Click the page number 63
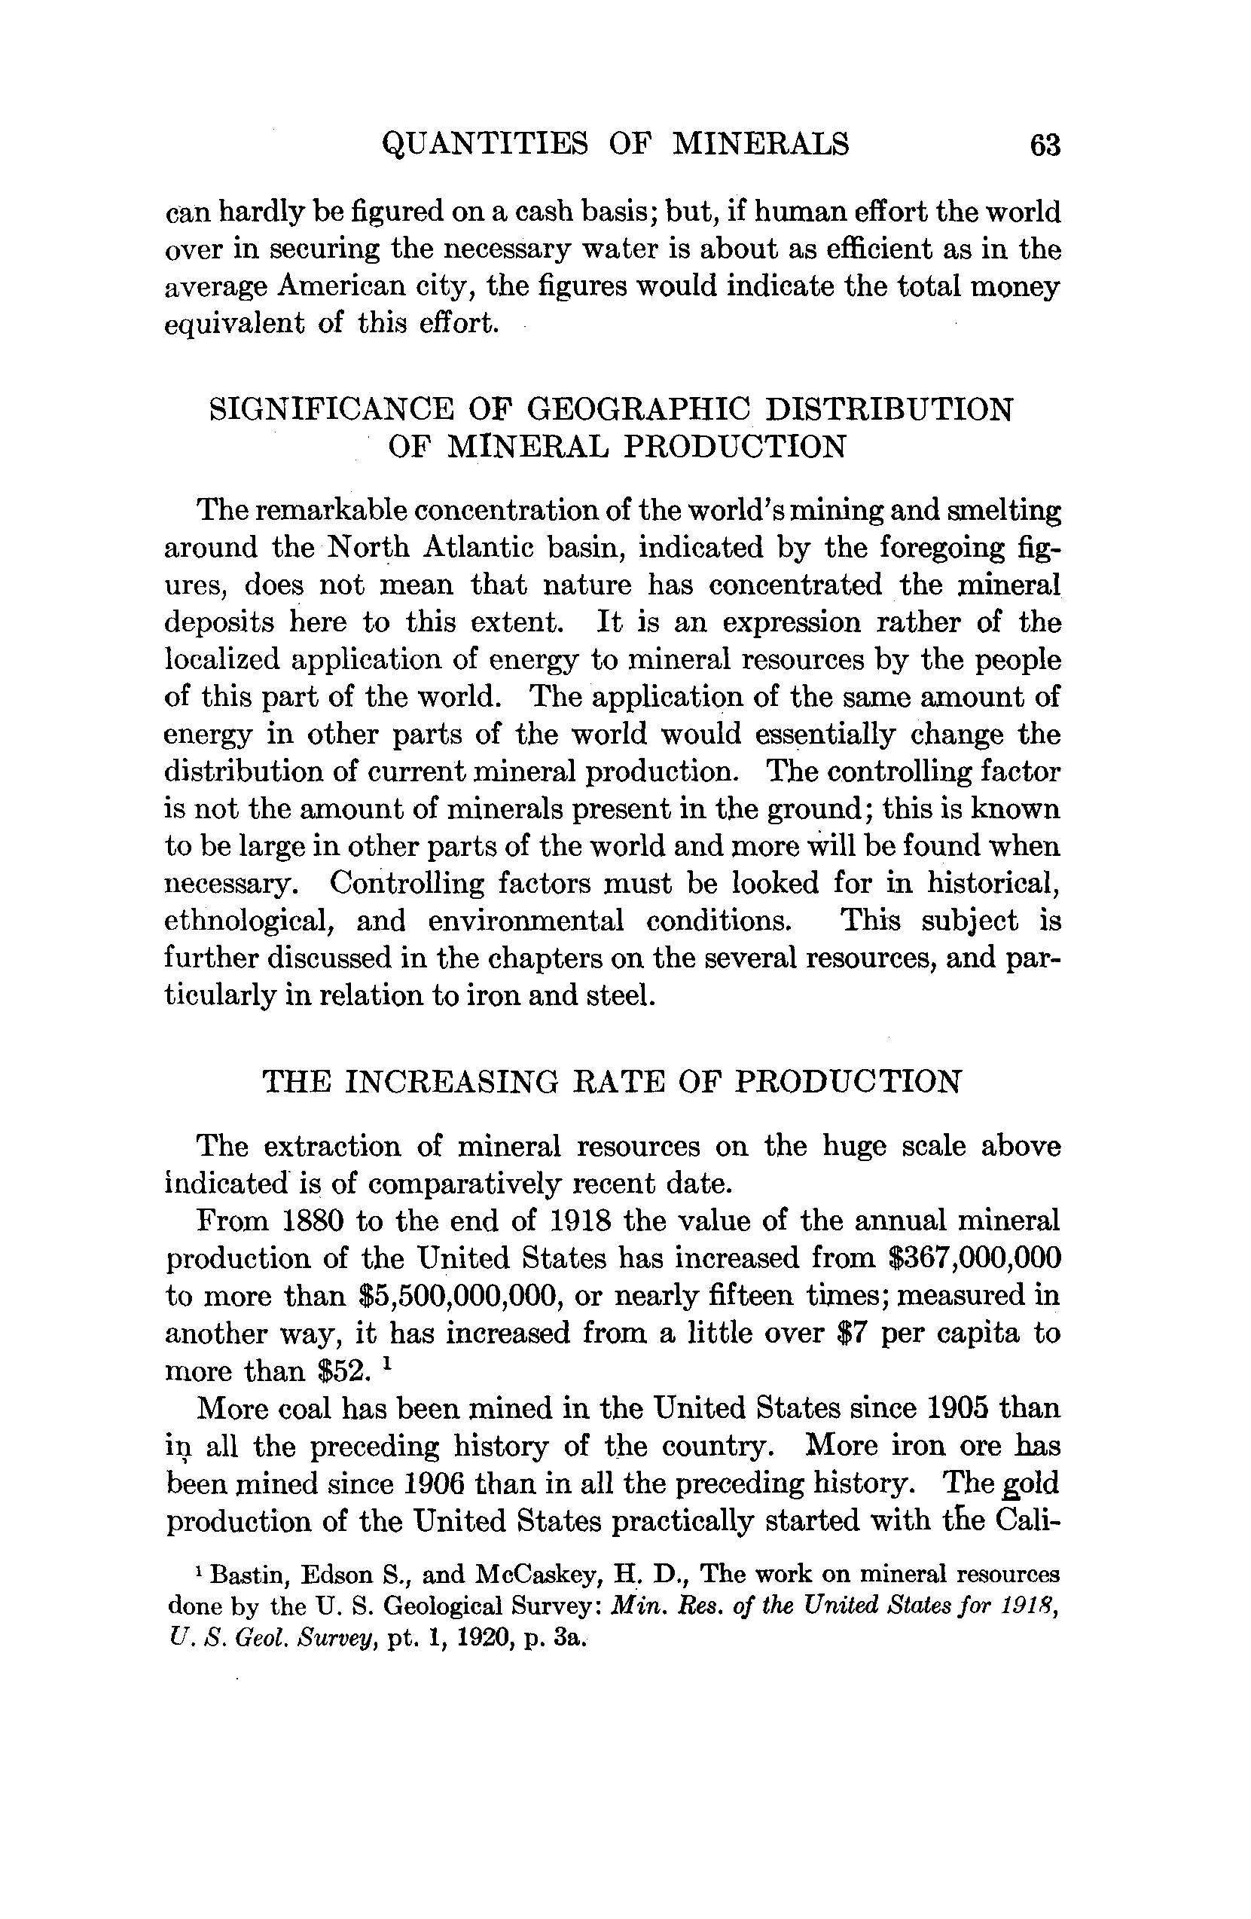coord(1045,146)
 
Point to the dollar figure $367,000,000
coord(973,1257)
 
